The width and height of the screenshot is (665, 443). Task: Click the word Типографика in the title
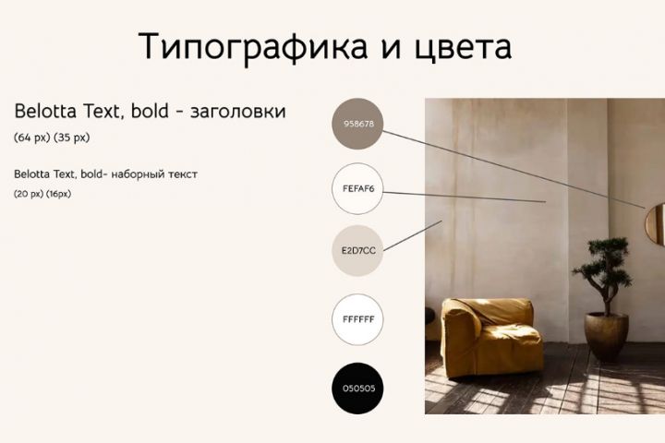[x=253, y=47]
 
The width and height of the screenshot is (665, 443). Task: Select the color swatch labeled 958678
[x=357, y=124]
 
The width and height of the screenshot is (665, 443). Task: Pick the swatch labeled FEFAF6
[x=357, y=188]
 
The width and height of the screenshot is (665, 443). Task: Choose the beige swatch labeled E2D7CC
[x=357, y=250]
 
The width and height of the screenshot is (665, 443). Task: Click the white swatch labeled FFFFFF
[x=357, y=319]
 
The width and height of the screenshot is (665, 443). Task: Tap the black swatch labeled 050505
[x=357, y=388]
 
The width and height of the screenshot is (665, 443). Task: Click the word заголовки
[x=238, y=112]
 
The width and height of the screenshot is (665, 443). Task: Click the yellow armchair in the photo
[x=492, y=337]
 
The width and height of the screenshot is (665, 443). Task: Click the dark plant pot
[x=606, y=336]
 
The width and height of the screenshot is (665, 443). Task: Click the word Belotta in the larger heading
[x=45, y=112]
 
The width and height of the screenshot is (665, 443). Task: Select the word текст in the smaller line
[x=183, y=174]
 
